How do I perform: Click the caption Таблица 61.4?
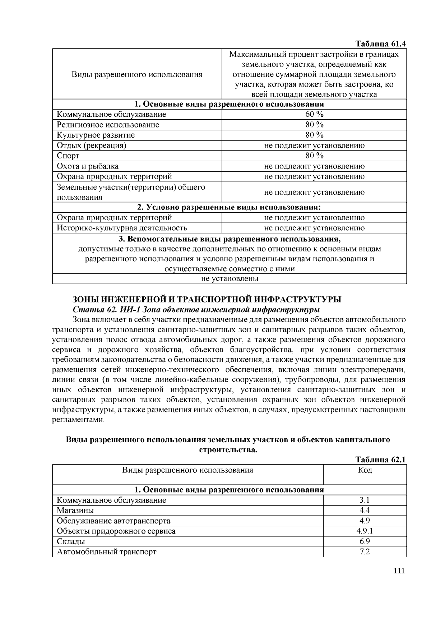(380, 44)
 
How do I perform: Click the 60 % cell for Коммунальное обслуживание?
(314, 114)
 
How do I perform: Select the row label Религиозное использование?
(108, 125)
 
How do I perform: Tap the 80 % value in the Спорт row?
(314, 156)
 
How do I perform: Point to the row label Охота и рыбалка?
(88, 166)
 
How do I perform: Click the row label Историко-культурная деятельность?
(122, 228)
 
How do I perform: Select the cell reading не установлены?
(230, 278)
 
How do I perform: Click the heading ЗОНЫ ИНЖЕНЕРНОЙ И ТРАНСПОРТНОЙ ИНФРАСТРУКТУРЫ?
(207, 300)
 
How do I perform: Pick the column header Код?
(365, 470)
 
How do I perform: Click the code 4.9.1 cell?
(365, 531)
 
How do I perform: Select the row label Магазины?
(75, 510)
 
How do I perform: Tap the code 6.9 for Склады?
(365, 541)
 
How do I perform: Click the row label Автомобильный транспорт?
(107, 552)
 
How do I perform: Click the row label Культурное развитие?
(96, 135)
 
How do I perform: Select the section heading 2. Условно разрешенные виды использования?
(229, 207)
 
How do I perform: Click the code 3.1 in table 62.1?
(365, 500)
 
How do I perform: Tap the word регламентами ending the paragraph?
(78, 420)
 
